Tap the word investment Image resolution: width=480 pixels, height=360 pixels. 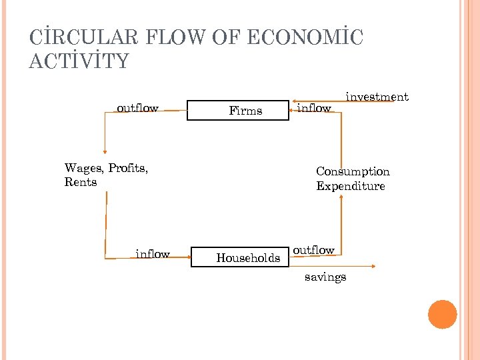(377, 97)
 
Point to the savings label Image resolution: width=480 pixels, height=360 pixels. (325, 277)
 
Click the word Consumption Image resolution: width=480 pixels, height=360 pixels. (353, 171)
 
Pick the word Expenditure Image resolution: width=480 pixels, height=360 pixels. (351, 186)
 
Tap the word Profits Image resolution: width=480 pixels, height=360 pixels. (127, 167)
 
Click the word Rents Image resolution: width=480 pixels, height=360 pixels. (81, 182)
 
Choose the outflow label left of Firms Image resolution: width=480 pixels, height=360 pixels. (137, 108)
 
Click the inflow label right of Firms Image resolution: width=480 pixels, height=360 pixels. (313, 108)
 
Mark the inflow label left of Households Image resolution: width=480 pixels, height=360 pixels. (153, 254)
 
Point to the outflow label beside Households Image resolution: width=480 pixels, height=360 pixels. (313, 250)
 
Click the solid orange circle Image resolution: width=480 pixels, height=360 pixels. (443, 315)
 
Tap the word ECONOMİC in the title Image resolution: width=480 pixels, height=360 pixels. (305, 38)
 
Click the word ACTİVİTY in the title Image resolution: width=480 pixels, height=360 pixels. (79, 61)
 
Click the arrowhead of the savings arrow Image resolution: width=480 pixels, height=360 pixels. (373, 267)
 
